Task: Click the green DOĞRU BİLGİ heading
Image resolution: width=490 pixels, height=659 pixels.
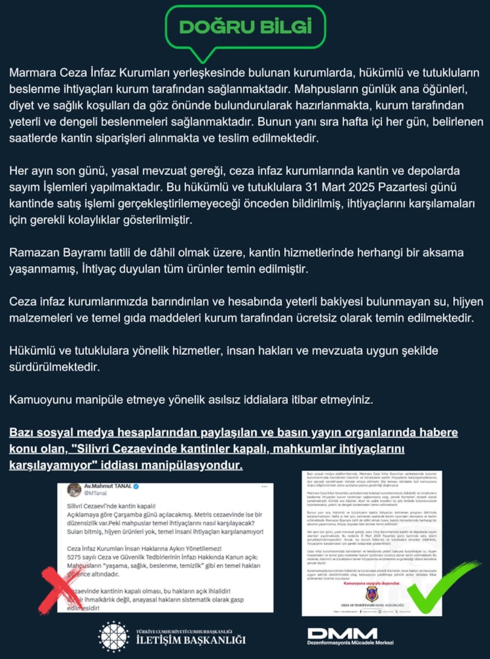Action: pyautogui.click(x=245, y=27)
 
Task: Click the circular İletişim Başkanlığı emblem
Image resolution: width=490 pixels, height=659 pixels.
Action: pyautogui.click(x=113, y=636)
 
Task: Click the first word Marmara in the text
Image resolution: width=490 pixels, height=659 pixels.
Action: pyautogui.click(x=34, y=72)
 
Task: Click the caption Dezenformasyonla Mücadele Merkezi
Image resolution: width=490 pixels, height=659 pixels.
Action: pyautogui.click(x=350, y=643)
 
